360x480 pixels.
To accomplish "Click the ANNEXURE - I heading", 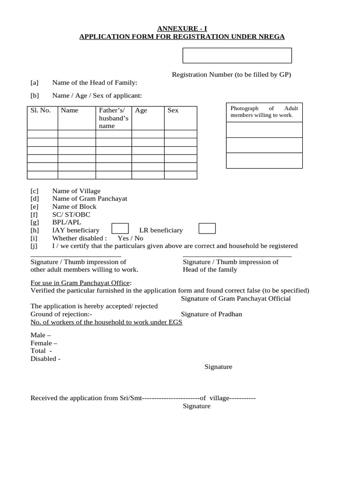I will coord(182,28).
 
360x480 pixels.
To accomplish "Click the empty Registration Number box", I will coord(237,55).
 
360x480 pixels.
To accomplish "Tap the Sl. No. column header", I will coord(41,111).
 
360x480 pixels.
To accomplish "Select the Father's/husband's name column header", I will coord(113,118).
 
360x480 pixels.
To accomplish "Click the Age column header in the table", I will coord(141,111).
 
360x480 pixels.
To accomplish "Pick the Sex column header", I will coord(173,111).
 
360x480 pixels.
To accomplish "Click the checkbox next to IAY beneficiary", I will coord(120,229).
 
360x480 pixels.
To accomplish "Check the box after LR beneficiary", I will coord(207,229).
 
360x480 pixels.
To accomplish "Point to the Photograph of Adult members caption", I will coord(264,112).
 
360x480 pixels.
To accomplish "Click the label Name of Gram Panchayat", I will coord(90,199).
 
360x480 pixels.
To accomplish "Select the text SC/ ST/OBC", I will coord(71,215).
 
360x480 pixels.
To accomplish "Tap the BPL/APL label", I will coord(67,223).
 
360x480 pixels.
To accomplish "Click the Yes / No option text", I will coord(130,238).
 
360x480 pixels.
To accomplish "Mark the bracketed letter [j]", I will coord(34,246).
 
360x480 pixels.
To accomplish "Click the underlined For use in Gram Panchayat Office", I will coord(81,283).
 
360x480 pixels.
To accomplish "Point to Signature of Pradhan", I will coord(211,314).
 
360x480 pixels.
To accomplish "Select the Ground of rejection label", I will coord(61,314).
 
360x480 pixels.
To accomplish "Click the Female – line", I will coord(44,343).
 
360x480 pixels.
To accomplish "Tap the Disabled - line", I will coord(45,359).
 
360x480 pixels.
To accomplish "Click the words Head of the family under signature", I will coord(210,270).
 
